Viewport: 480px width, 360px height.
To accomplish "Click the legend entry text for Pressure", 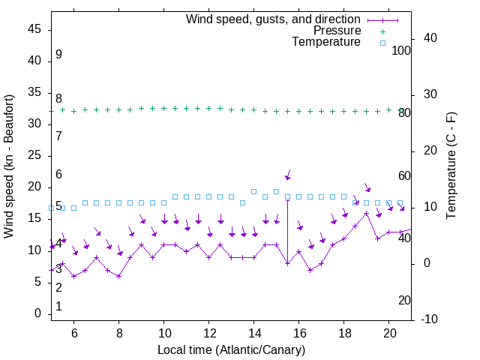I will [337, 31].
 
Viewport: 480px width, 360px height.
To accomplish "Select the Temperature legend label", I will [326, 43].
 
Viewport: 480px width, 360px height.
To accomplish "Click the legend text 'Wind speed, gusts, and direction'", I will [273, 19].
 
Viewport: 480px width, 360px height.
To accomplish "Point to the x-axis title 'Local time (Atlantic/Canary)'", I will [231, 350].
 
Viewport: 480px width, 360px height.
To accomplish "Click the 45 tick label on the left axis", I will [34, 30].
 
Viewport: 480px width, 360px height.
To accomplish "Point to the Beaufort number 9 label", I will [58, 55].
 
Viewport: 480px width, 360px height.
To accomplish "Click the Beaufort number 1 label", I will [58, 307].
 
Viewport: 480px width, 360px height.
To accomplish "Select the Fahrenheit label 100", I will [402, 50].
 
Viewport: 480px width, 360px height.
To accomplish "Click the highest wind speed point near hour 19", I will [367, 213].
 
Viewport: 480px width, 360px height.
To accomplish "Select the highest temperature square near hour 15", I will [277, 191].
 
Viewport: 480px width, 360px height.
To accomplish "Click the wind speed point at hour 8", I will [119, 276].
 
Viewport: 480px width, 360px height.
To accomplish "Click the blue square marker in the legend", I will [382, 43].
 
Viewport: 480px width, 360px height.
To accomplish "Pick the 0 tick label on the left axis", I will [38, 313].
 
